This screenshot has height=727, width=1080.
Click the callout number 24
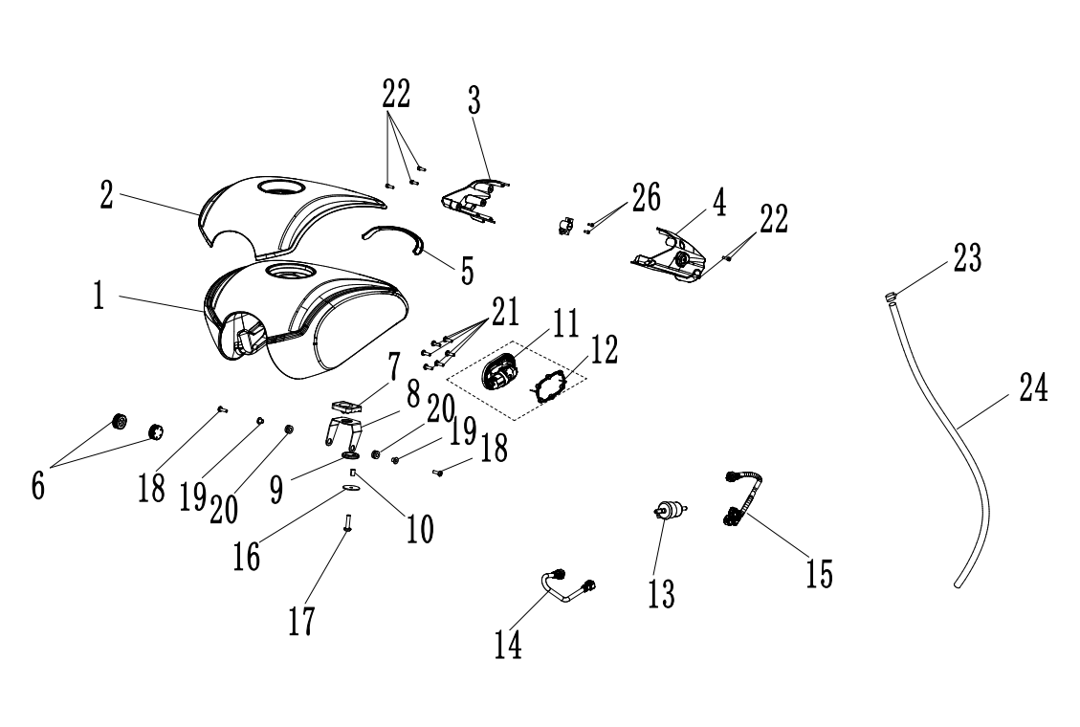coord(1032,389)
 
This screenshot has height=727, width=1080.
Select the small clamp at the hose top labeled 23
coord(891,297)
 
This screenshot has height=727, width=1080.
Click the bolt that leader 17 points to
coord(347,524)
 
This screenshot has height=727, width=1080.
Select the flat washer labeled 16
coord(351,489)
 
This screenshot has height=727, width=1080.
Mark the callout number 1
coord(99,296)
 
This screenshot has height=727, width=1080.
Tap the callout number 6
coord(37,484)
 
